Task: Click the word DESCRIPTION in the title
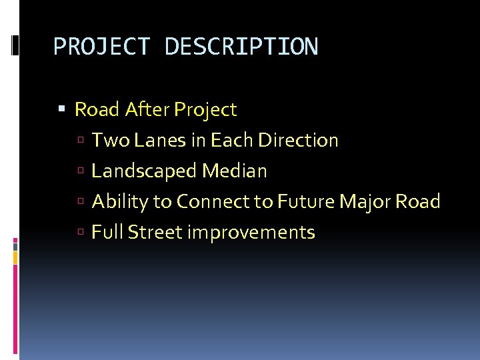click(241, 47)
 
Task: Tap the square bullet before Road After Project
click(62, 109)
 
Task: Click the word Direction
click(298, 140)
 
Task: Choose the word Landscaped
click(144, 171)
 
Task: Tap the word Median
click(235, 171)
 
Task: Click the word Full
click(107, 232)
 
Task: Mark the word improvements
click(251, 232)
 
